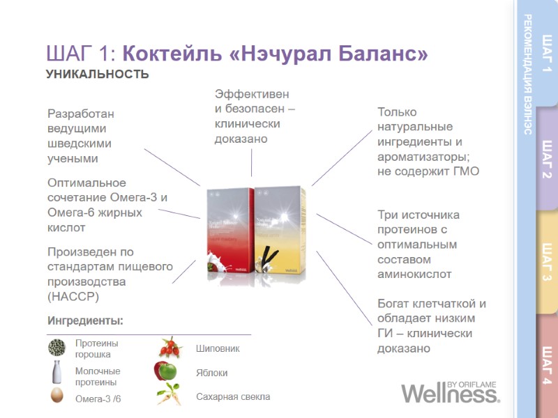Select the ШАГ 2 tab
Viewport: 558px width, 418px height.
[x=546, y=159]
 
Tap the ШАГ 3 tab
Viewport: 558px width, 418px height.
[x=546, y=263]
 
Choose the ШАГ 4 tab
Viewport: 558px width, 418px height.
[x=546, y=366]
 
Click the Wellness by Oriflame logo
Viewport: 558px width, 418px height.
[x=450, y=393]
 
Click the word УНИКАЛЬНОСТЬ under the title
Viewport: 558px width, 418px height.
[x=97, y=75]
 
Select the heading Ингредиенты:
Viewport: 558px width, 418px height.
[x=85, y=320]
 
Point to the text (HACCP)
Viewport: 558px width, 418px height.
[x=73, y=297]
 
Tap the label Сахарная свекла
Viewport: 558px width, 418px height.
[x=232, y=396]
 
